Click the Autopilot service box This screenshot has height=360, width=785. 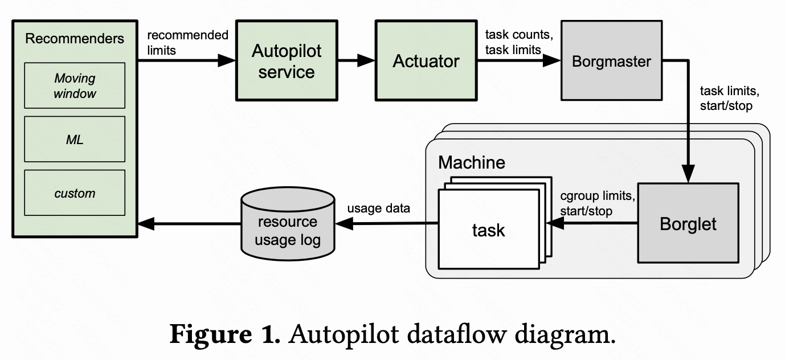click(x=286, y=61)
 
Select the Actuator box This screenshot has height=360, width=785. click(x=426, y=61)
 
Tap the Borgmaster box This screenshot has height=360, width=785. click(x=611, y=61)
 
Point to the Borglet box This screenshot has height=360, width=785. click(x=688, y=223)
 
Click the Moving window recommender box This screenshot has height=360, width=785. click(x=75, y=85)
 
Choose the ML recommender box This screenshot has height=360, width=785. click(x=75, y=139)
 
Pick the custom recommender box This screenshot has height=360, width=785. click(x=75, y=193)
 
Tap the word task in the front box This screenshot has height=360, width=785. click(x=488, y=230)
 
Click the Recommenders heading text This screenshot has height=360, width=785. click(x=75, y=39)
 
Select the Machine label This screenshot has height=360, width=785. click(x=471, y=162)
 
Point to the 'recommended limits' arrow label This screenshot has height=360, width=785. click(x=187, y=43)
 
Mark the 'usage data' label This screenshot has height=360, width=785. click(x=378, y=208)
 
